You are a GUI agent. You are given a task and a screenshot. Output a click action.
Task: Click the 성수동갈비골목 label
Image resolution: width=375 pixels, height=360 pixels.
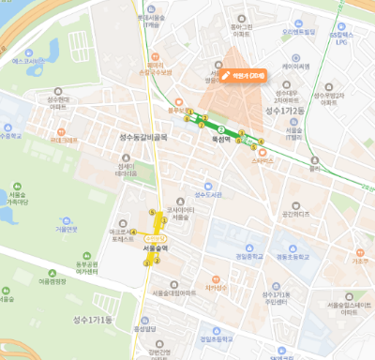[x=143, y=137]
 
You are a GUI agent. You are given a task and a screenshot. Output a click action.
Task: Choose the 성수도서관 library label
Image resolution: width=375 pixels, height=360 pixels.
[x=207, y=195]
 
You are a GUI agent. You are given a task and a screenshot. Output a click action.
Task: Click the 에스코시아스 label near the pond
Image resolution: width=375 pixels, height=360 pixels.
[x=22, y=61]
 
